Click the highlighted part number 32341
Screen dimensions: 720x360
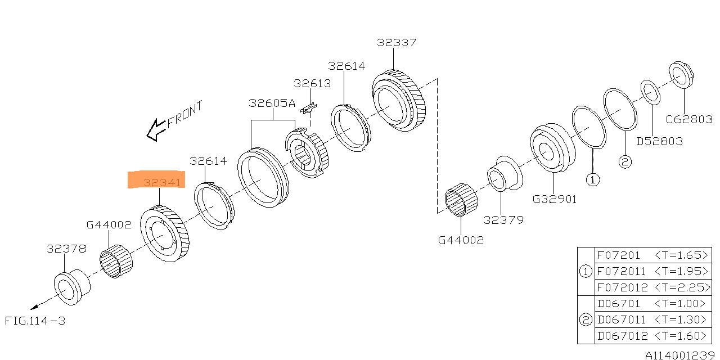pyautogui.click(x=162, y=183)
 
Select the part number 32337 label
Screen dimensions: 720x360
pyautogui.click(x=397, y=42)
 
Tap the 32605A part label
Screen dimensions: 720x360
pyautogui.click(x=272, y=103)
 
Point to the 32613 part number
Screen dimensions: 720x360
pyautogui.click(x=312, y=83)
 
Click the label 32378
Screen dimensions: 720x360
pyautogui.click(x=66, y=249)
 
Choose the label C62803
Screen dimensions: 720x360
pyautogui.click(x=689, y=119)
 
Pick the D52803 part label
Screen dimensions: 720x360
pyautogui.click(x=660, y=141)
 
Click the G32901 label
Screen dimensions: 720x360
pyautogui.click(x=555, y=199)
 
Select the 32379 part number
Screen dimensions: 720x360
pyautogui.click(x=503, y=220)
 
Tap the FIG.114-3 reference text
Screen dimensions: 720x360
pyautogui.click(x=35, y=321)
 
